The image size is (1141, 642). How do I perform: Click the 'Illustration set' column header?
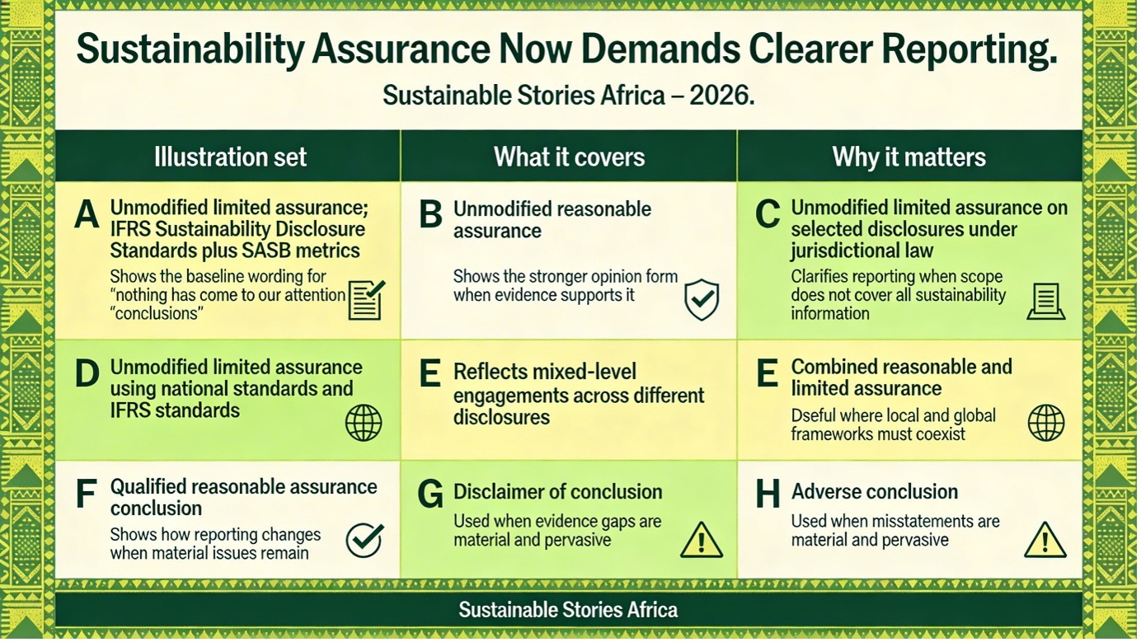(230, 157)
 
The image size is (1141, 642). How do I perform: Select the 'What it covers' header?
(569, 157)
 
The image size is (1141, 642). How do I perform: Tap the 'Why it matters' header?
(909, 157)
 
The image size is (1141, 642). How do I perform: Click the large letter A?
(87, 214)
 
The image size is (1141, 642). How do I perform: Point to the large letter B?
(430, 214)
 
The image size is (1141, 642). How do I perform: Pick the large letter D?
(87, 373)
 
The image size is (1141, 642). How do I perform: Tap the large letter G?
(430, 494)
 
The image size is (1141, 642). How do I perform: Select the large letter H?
(768, 494)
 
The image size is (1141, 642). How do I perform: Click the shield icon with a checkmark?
(702, 299)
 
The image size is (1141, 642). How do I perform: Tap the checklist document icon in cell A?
(367, 300)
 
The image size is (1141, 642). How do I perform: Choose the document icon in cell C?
(1045, 302)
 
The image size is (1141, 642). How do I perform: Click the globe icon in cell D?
(364, 423)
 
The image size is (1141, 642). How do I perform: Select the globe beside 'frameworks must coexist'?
(1045, 423)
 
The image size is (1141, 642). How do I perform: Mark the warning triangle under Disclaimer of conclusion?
(702, 541)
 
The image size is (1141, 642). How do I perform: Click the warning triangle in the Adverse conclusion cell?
(1045, 541)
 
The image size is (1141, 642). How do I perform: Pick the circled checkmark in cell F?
(364, 540)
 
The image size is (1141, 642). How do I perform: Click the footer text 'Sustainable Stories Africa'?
(569, 609)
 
